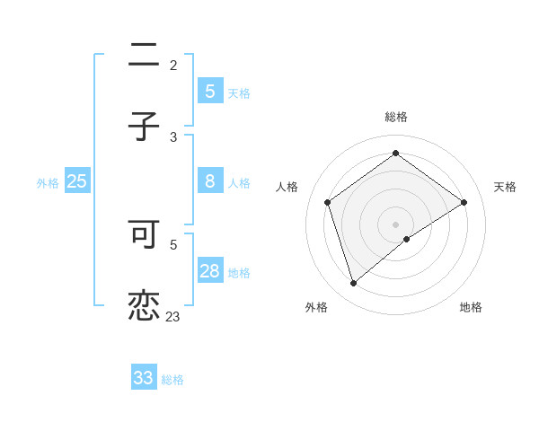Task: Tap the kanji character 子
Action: [144, 126]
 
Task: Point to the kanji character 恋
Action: [144, 305]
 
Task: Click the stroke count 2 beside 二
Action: [173, 66]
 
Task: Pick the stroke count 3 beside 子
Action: [173, 136]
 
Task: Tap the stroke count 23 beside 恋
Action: [173, 316]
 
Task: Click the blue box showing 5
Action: [210, 91]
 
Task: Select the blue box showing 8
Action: [210, 180]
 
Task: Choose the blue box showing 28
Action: [210, 270]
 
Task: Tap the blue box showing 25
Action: [77, 180]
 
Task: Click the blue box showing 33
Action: [144, 378]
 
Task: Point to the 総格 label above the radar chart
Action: [396, 117]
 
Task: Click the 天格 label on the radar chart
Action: [505, 187]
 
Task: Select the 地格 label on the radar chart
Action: [471, 307]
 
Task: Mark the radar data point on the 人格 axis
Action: [328, 202]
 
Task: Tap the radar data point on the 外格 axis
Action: [353, 284]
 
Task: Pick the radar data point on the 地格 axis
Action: [407, 239]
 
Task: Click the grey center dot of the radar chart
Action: [396, 224]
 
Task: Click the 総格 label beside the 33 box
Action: [172, 380]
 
